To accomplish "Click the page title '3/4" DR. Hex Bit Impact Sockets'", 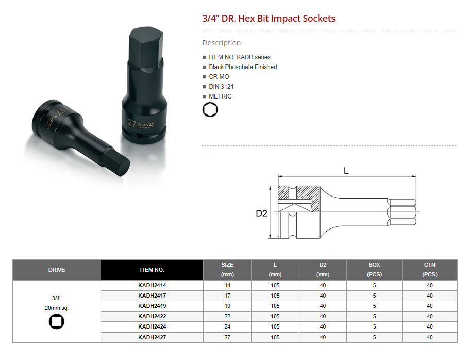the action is click(269, 19).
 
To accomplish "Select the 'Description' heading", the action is click(222, 43).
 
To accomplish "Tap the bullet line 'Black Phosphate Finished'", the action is click(243, 67).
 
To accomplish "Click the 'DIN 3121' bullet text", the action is click(221, 87).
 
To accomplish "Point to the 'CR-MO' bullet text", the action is click(219, 77).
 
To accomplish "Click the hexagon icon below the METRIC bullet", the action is click(210, 110).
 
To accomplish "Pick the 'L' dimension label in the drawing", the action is click(346, 171).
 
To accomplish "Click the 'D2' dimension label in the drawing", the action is click(261, 214).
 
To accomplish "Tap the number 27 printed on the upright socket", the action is click(132, 123).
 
